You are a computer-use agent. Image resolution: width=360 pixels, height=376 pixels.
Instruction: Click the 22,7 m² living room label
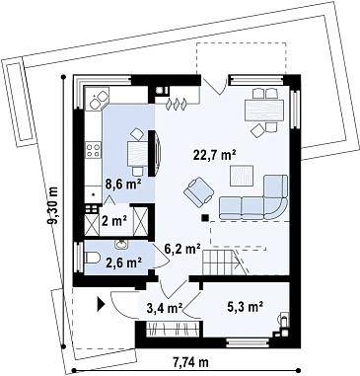(x=216, y=155)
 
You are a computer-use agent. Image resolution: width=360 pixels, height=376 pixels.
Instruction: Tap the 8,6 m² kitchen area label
(x=123, y=184)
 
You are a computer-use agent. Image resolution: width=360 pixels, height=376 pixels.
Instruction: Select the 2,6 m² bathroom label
(x=123, y=263)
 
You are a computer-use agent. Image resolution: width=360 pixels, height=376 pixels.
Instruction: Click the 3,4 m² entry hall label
(x=166, y=309)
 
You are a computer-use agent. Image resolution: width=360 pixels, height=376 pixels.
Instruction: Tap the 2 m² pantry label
(x=114, y=221)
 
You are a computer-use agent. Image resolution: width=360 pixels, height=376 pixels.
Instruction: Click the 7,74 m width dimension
(x=190, y=362)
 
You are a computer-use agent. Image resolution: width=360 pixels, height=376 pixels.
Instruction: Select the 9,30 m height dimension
(x=52, y=205)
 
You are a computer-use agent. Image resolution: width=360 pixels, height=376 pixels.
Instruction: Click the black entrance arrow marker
(x=101, y=304)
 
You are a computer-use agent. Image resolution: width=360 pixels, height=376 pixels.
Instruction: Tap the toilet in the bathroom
(x=93, y=258)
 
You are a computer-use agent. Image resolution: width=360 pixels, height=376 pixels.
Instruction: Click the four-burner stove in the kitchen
(x=93, y=150)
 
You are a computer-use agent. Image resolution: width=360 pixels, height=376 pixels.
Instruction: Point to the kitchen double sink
(x=97, y=100)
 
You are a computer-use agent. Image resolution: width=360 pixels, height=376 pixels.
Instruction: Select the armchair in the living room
(x=199, y=189)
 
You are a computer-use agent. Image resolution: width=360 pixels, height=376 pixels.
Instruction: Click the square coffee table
(x=242, y=176)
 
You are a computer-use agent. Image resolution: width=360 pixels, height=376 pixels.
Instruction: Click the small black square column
(x=205, y=217)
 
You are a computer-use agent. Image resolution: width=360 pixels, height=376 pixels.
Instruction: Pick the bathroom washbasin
(x=121, y=244)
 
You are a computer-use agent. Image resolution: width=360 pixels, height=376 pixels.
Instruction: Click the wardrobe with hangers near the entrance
(x=173, y=329)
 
